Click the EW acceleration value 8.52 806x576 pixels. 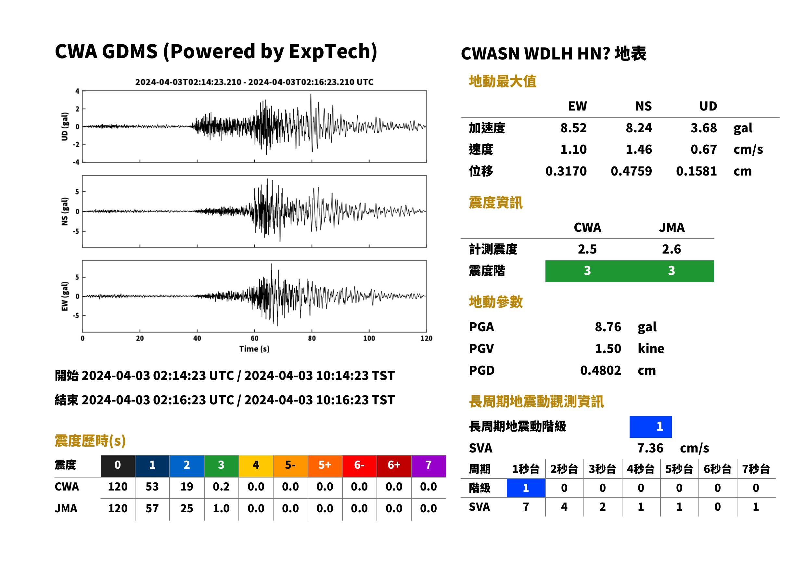click(573, 128)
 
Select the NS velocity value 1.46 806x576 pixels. click(638, 149)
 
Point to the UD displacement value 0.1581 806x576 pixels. click(696, 171)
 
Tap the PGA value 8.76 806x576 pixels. click(608, 327)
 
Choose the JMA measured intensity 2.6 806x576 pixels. click(671, 249)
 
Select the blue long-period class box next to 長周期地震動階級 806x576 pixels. click(650, 427)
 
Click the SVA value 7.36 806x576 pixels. click(650, 448)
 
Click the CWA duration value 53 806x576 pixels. click(152, 487)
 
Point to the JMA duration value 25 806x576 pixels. click(186, 508)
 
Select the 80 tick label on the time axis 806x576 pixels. click(312, 338)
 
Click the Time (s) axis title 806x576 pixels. click(254, 349)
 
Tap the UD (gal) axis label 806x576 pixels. click(65, 127)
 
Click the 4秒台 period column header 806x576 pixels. click(640, 469)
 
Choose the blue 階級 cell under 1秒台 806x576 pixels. click(526, 488)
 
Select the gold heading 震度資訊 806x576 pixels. click(495, 203)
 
